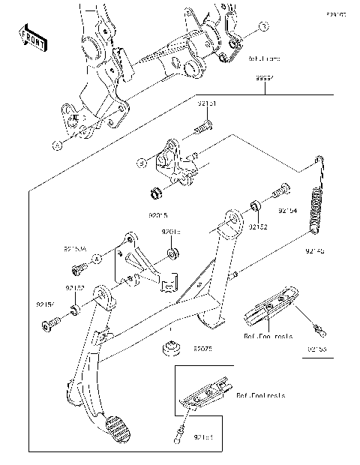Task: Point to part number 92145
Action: pos(314,253)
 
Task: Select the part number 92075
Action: pos(203,349)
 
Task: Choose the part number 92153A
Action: pos(75,245)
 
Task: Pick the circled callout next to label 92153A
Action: pos(97,259)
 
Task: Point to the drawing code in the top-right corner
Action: pos(334,13)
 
